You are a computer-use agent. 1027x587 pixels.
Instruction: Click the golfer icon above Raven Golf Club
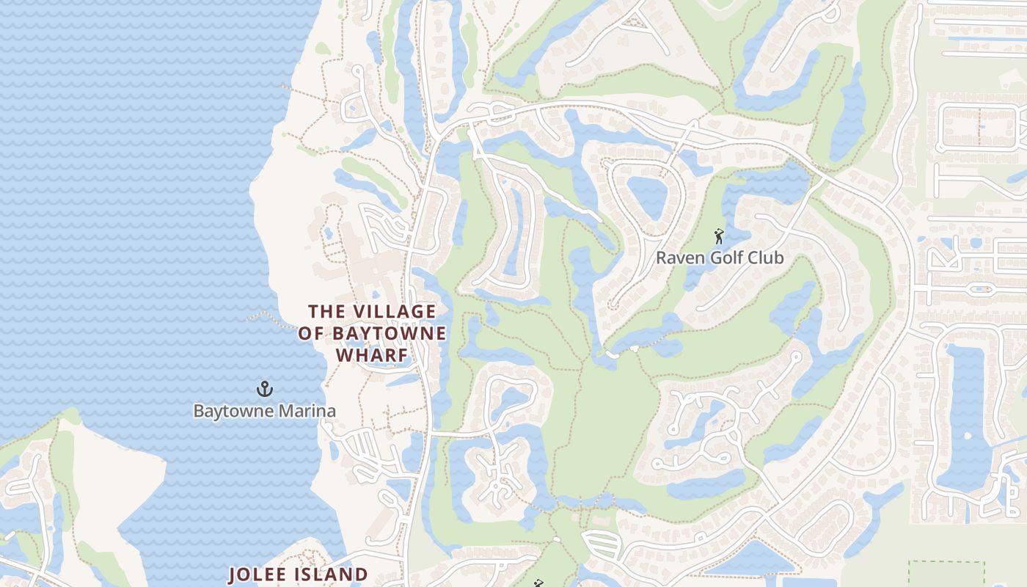[x=719, y=236]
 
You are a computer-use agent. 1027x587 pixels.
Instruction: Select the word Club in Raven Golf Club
[x=765, y=258]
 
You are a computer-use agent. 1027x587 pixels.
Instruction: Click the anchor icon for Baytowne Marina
[x=264, y=388]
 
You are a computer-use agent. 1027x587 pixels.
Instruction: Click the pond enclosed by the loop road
[x=648, y=197]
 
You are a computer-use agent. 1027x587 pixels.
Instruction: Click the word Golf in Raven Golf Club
[x=723, y=258]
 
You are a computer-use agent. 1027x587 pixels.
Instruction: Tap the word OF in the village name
[x=311, y=333]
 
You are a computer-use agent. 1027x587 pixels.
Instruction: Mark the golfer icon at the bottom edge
[x=539, y=583]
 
